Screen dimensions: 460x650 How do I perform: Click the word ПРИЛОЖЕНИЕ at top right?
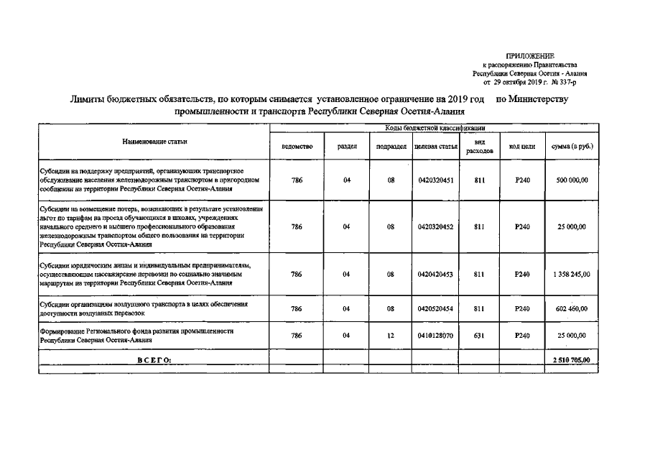pyautogui.click(x=530, y=55)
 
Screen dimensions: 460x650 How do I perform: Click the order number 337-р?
pyautogui.click(x=575, y=83)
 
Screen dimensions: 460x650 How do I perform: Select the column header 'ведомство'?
pyautogui.click(x=297, y=147)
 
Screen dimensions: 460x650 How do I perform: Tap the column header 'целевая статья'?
pyautogui.click(x=436, y=147)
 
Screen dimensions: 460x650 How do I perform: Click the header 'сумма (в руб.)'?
pyautogui.click(x=572, y=147)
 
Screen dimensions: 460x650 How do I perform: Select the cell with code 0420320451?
pyautogui.click(x=436, y=180)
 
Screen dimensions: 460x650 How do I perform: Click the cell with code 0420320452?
pyautogui.click(x=436, y=227)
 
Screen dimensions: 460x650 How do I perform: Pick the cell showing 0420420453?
pyautogui.click(x=436, y=274)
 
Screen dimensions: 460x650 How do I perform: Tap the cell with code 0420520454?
pyautogui.click(x=436, y=308)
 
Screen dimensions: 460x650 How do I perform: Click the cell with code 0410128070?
pyautogui.click(x=436, y=336)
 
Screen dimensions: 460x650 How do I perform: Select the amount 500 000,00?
pyautogui.click(x=572, y=180)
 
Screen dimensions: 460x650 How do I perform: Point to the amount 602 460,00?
pyautogui.click(x=572, y=308)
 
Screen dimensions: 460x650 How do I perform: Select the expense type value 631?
pyautogui.click(x=479, y=336)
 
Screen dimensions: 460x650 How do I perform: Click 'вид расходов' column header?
pyautogui.click(x=479, y=147)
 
